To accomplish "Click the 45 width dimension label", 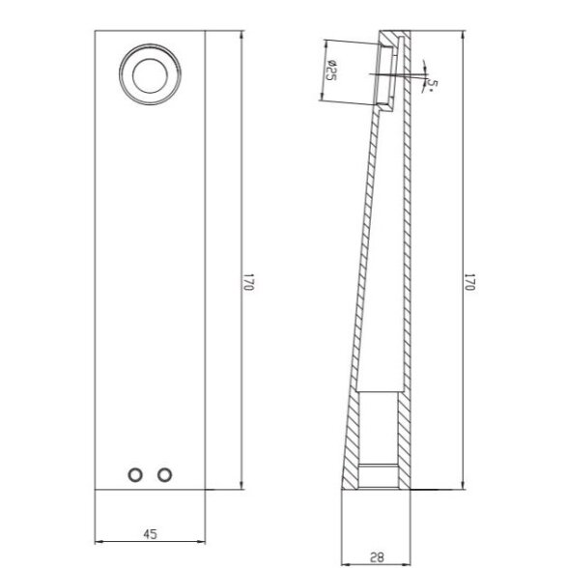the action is [x=150, y=534].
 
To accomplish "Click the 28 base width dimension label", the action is [x=377, y=557].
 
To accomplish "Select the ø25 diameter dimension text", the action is [x=331, y=71].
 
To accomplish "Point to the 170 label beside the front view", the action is [x=248, y=282].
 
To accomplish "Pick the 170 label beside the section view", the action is [x=469, y=282].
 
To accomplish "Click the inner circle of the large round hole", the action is [x=150, y=59].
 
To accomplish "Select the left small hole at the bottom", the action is [x=135, y=475].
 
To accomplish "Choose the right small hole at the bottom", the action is [x=164, y=475].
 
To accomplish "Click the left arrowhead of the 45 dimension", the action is [x=99, y=542].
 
